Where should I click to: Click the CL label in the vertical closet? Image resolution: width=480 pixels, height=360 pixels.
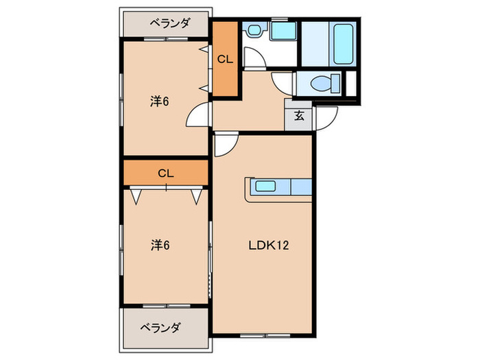pyautogui.click(x=225, y=59)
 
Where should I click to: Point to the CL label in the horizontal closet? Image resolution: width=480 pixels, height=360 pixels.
pyautogui.click(x=165, y=173)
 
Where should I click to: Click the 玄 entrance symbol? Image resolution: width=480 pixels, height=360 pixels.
pyautogui.click(x=299, y=116)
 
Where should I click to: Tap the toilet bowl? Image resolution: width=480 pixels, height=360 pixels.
pyautogui.click(x=321, y=84)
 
